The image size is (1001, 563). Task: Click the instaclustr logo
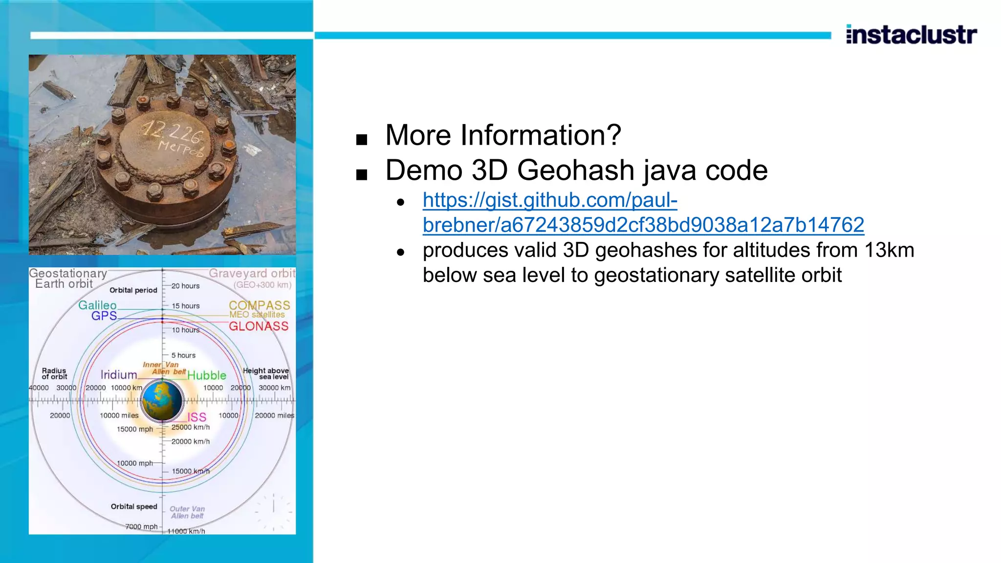click(x=911, y=35)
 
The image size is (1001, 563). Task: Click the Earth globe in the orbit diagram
click(x=162, y=401)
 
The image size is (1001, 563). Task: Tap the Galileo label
click(x=97, y=305)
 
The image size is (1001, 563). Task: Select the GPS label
click(x=104, y=316)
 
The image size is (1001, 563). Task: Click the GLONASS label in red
click(x=259, y=326)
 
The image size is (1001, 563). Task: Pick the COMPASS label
click(x=259, y=305)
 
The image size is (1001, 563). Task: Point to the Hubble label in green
click(x=207, y=375)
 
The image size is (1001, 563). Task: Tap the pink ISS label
click(x=196, y=417)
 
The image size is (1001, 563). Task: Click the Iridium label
click(x=118, y=375)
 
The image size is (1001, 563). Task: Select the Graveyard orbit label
click(x=252, y=274)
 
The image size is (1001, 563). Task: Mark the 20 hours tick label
click(x=185, y=286)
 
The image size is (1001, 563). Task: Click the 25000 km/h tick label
click(x=190, y=427)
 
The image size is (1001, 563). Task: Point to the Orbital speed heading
click(x=134, y=506)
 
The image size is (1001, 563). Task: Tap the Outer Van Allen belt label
click(x=187, y=512)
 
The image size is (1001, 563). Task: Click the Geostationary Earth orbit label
click(x=67, y=279)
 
